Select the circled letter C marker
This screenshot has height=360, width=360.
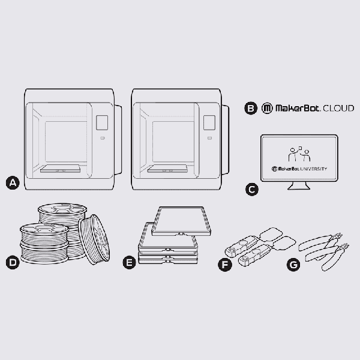coord(253,190)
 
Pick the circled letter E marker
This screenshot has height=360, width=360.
coord(128,263)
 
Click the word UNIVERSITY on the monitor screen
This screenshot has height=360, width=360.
coord(314,169)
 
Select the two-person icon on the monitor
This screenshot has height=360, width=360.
coord(298,154)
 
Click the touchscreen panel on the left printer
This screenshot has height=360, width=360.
coord(101,122)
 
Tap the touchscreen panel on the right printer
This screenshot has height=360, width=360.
coord(209,122)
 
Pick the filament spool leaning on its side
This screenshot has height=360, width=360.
coord(94,239)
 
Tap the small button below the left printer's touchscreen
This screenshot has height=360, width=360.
coord(101,139)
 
